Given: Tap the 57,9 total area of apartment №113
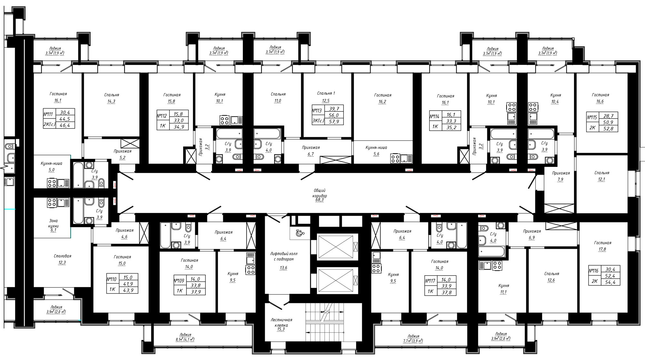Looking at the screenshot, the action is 335,122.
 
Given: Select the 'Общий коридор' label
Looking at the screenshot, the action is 320,193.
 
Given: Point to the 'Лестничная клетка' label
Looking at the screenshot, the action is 282,322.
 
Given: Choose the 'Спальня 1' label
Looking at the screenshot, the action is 326,93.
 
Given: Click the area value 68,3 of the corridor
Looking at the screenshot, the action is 319,200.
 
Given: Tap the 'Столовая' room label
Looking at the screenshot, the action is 63,256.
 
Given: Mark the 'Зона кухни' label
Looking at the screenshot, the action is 54,223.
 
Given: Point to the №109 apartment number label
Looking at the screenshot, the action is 179,281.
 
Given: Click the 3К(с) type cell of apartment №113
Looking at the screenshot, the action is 318,121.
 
